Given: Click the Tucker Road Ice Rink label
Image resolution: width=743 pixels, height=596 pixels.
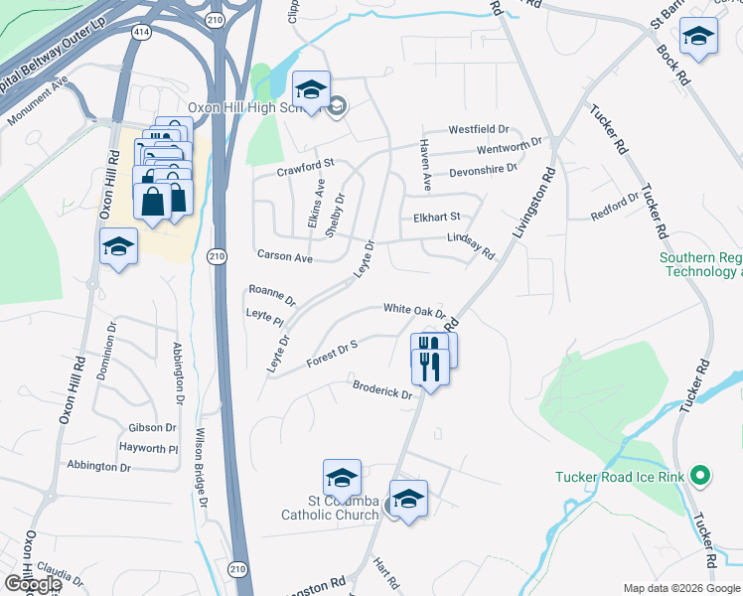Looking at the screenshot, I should (620, 478).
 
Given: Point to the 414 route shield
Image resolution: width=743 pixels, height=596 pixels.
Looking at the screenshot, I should (143, 34).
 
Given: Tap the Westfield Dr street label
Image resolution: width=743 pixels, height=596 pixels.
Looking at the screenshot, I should (478, 130).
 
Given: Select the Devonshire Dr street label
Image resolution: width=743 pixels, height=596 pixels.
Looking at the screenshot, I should (484, 169).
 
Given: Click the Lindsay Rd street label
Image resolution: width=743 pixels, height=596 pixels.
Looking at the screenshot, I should (470, 245).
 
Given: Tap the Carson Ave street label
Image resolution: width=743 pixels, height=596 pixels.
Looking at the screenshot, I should (285, 257).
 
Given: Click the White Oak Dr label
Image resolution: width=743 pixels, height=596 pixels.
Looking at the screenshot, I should (414, 310).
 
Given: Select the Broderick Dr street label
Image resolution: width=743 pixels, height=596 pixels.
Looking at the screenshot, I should (382, 389).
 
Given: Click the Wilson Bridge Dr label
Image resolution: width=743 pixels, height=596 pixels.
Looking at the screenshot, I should (200, 467).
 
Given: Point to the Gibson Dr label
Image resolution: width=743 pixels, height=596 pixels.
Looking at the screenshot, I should (152, 428).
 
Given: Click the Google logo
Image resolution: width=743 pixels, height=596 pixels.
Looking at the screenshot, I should (32, 584).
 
